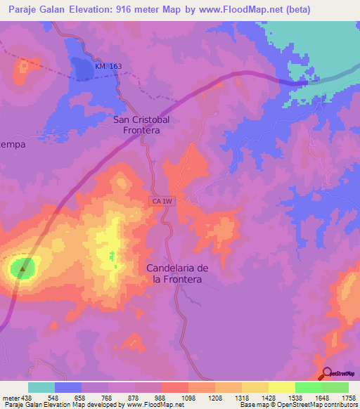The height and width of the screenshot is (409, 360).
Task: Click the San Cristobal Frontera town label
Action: click(141, 125)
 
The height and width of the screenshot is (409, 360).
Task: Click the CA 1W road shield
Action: click(161, 202)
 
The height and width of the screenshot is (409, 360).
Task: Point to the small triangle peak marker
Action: click(24, 268)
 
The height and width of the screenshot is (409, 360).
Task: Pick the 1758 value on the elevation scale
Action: click(347, 397)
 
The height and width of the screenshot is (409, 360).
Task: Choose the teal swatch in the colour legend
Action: click(41, 387)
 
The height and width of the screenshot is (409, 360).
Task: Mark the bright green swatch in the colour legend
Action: click(308, 387)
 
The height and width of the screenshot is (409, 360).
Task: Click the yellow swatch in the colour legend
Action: click(281, 387)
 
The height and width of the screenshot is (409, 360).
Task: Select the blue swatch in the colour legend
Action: click(68, 387)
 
